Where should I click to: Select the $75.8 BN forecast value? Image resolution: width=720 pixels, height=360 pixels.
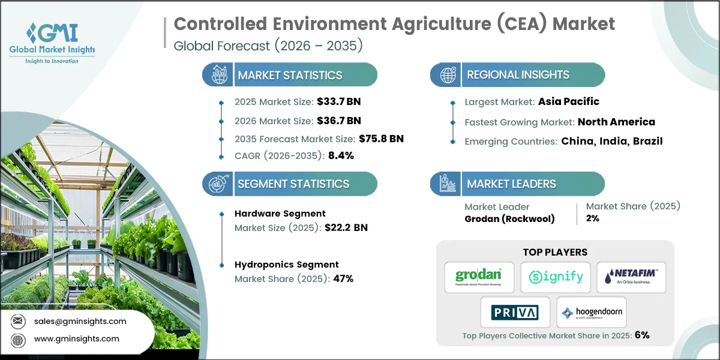pos(381,139)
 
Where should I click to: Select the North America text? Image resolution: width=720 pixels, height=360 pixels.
pos(616,122)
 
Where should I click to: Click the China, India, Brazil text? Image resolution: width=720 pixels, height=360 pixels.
pos(612,142)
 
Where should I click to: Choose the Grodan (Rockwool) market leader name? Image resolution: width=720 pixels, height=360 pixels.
pos(509,218)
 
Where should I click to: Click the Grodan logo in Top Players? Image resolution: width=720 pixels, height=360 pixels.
pos(479,277)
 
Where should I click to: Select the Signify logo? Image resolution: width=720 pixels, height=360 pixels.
pos(555,277)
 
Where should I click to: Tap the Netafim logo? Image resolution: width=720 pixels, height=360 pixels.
pos(631,277)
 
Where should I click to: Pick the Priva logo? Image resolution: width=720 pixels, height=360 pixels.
pos(515,312)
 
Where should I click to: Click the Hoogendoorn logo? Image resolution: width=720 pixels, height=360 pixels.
pos(592,312)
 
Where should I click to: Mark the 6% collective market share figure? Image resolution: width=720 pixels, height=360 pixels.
pos(641,335)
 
